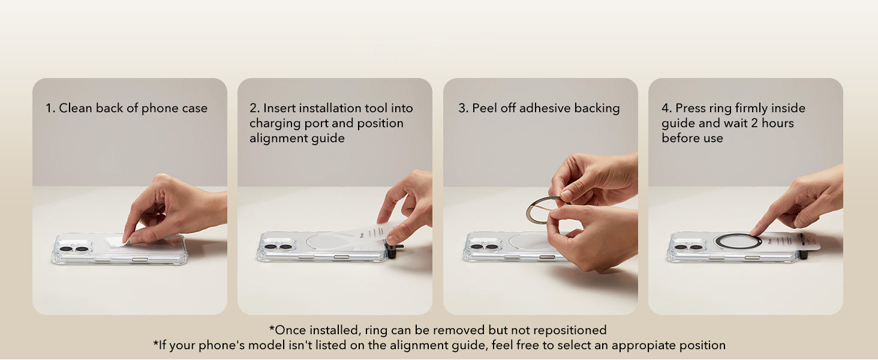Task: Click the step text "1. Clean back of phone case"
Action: click(127, 109)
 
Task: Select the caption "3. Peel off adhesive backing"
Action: click(539, 109)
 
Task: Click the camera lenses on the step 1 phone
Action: click(74, 248)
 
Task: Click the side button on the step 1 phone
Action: click(139, 259)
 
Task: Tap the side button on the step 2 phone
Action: click(342, 257)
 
